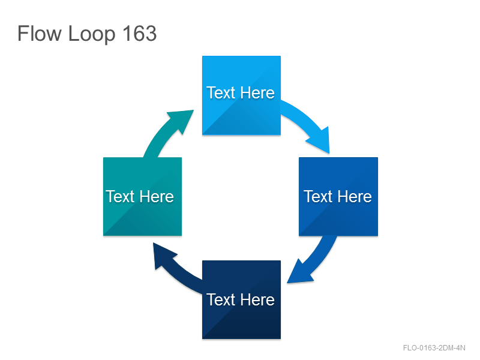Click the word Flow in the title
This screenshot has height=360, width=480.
pos(40,34)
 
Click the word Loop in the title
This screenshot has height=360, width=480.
pos(92,35)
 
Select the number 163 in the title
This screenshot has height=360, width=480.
pos(140,34)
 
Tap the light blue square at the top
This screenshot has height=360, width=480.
pos(241,95)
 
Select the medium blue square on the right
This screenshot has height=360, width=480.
pos(338,197)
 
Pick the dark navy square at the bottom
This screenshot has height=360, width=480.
pos(241,299)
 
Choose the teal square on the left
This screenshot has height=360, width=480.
pos(142,197)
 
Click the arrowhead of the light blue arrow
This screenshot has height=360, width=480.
pos(320,140)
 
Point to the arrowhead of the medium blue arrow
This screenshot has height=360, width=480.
pos(300,272)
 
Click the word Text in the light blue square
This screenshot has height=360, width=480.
pos(221,93)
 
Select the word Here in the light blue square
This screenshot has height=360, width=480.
pos(257,93)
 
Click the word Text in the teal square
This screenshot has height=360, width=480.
pos(121,197)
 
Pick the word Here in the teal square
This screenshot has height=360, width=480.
pos(157,197)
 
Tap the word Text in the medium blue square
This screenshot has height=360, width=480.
pos(318,197)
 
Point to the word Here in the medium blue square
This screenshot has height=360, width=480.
pos(355,197)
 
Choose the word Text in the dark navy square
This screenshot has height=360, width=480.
pos(221,299)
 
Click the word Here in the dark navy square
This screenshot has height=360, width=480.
pos(257,299)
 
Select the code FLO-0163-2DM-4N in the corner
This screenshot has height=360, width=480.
pos(434,348)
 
